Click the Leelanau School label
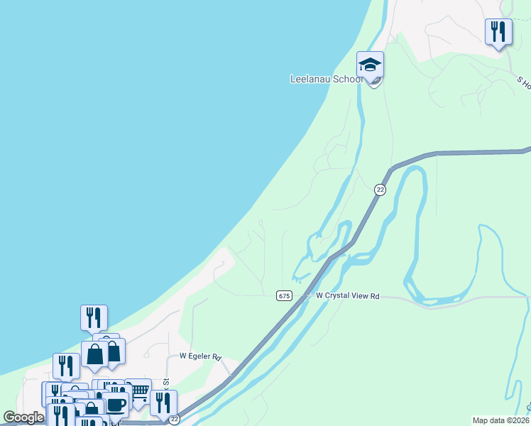(326, 80)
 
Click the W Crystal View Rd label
(348, 295)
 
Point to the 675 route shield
(284, 295)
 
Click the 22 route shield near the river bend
(380, 190)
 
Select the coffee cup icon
(116, 405)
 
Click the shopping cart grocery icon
(138, 391)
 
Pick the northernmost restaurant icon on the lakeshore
(94, 317)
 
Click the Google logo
(23, 417)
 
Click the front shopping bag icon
(94, 354)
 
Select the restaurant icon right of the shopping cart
(163, 403)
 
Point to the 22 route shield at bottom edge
(173, 420)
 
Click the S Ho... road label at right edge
(523, 84)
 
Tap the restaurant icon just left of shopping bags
(65, 366)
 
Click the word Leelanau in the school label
(312, 80)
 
